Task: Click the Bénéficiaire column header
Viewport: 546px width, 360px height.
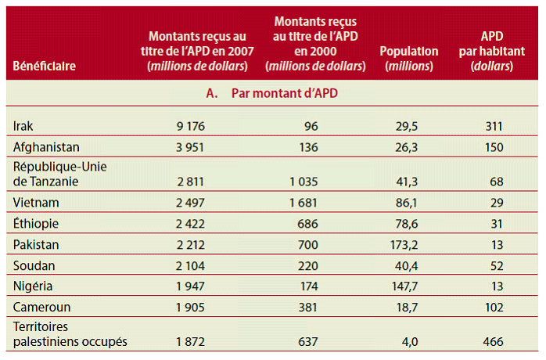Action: pyautogui.click(x=44, y=66)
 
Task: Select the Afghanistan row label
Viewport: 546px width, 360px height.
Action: pyautogui.click(x=46, y=146)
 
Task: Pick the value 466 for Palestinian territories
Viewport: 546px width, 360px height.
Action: pyautogui.click(x=491, y=341)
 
